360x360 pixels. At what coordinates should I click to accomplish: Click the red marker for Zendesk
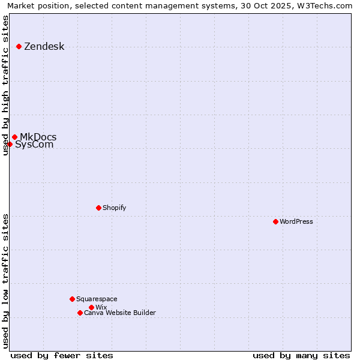(19, 46)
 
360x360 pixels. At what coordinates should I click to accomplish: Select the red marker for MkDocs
(14, 137)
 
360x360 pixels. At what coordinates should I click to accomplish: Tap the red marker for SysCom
(10, 144)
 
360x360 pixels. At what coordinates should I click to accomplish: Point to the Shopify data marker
(98, 208)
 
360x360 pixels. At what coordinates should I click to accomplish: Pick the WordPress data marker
(275, 221)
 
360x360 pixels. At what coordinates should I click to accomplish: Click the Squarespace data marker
(72, 299)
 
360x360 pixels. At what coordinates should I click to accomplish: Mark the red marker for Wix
(91, 307)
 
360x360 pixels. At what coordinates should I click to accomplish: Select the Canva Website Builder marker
(80, 313)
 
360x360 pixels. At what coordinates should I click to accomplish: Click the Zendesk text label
(44, 47)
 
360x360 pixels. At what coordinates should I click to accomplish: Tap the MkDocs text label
(38, 137)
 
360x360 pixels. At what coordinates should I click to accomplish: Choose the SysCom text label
(34, 145)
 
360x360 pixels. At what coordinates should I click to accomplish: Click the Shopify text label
(114, 208)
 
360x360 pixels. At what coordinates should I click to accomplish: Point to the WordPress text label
(296, 221)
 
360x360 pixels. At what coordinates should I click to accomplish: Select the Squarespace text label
(97, 299)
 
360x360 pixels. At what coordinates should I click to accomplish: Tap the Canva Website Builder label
(119, 313)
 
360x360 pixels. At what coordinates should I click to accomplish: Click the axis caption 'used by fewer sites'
(62, 355)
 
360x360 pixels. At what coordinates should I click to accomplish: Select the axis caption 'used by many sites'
(301, 355)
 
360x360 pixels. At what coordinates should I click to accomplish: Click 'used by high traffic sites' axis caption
(6, 85)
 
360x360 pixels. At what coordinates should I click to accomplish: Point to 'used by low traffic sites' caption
(6, 281)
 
